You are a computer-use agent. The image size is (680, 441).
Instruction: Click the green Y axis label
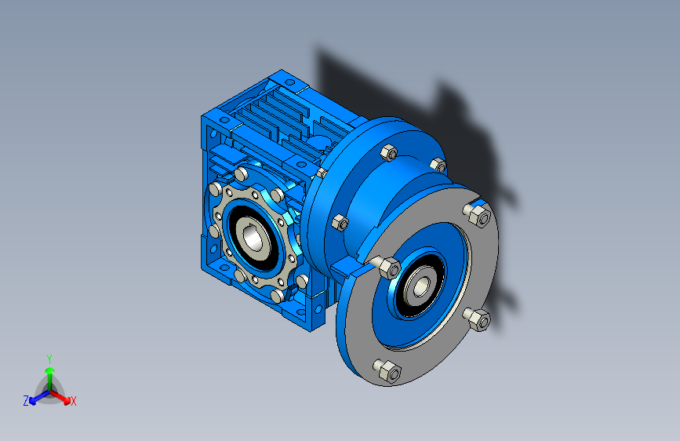49,359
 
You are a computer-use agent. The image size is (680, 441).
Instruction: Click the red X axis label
73,402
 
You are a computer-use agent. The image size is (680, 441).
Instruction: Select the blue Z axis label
26,401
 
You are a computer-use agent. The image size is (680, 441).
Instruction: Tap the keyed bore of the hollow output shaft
253,239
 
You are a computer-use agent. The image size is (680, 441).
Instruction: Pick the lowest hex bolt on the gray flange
387,371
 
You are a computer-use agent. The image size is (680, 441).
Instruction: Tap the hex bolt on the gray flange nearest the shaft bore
387,267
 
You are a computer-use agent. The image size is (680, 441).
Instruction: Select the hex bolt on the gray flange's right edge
478,319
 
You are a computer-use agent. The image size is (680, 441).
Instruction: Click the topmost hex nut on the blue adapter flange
388,153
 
